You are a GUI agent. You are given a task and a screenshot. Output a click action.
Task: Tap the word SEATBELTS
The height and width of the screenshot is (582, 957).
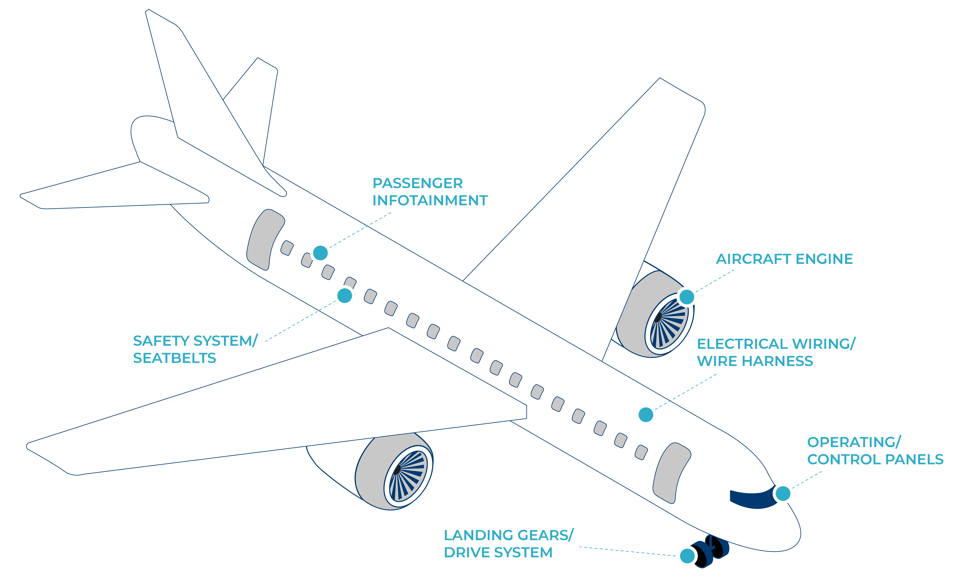174,358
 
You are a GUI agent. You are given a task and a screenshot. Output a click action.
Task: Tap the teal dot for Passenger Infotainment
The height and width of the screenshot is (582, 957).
320,253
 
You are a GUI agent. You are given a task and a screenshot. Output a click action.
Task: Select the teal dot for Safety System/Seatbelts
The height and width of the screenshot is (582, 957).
345,296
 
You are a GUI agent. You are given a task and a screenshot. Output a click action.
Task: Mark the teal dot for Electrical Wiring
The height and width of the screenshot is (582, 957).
646,415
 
